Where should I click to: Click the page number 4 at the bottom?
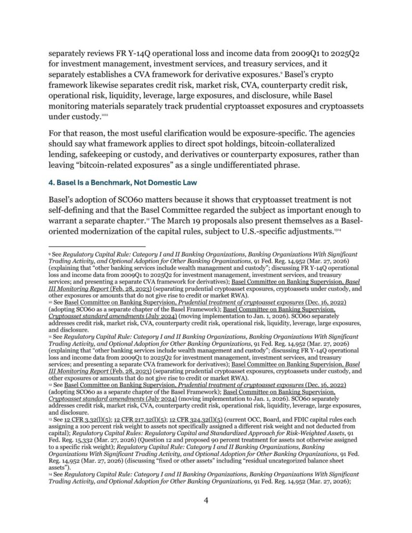[x=206, y=501]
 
